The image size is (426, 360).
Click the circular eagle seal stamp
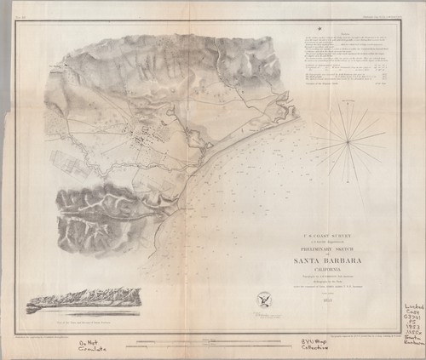tap(262, 300)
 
